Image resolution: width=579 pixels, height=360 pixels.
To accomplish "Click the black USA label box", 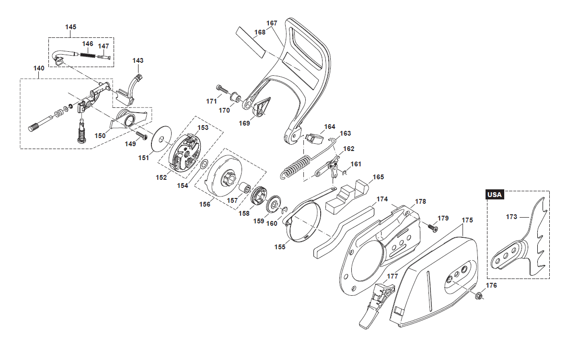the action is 495,195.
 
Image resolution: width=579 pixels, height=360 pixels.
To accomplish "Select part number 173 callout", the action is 511,217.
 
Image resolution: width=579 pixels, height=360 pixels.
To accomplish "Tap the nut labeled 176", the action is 478,295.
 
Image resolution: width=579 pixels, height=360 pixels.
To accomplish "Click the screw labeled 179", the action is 433,228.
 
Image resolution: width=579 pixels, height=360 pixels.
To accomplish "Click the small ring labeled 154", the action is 204,163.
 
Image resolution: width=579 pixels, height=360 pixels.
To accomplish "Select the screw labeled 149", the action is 141,136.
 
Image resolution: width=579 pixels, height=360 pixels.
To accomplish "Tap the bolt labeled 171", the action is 223,90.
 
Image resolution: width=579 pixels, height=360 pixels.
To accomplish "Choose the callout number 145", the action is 70,27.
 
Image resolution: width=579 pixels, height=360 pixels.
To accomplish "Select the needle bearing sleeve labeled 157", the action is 244,187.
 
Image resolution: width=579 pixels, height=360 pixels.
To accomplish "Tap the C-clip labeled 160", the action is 285,209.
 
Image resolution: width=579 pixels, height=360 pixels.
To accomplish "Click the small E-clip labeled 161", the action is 344,173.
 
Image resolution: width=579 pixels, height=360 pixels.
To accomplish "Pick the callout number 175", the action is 467,220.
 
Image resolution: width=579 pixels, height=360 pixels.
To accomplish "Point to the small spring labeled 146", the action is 88,55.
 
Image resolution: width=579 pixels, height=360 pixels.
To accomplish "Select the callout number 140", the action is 39,68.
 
